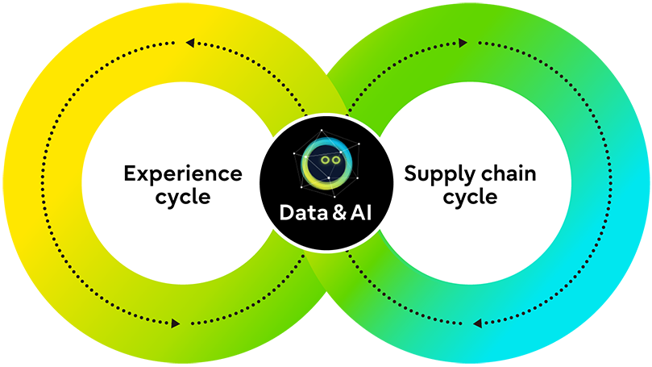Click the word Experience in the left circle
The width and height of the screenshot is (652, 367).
coord(182,173)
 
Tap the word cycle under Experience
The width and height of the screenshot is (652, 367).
coord(183,197)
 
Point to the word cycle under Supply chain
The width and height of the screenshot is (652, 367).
coord(471,197)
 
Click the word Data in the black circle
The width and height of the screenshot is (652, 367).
coord(300,213)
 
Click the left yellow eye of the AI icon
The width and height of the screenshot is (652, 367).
coord(322,161)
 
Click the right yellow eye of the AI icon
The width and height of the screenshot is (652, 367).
coord(333,161)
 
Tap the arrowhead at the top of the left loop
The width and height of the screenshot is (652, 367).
coord(190,43)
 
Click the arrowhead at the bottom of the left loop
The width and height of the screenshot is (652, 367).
coord(175,323)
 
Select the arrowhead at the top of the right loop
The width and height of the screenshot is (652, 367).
coord(462,43)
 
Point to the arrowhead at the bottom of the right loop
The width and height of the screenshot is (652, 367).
coord(477,323)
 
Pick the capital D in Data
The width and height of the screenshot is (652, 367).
coord(286,213)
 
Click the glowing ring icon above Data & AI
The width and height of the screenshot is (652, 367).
coord(326,161)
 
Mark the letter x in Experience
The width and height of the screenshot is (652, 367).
coord(143,173)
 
